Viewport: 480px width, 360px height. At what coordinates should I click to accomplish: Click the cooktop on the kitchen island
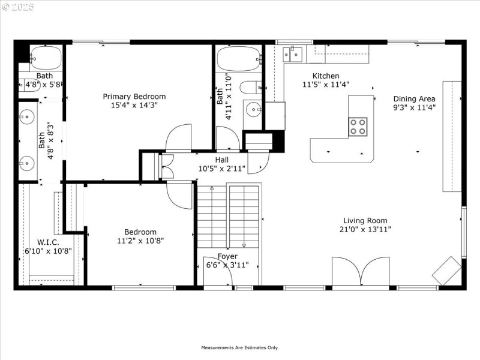(358, 125)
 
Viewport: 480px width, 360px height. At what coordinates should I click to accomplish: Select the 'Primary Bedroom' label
(134, 97)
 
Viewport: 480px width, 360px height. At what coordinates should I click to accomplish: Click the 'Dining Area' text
(414, 99)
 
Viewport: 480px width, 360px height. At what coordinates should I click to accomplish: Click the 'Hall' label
(222, 160)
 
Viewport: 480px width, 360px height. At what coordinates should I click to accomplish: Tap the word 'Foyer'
(227, 256)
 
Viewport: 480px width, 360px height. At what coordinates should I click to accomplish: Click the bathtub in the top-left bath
(46, 58)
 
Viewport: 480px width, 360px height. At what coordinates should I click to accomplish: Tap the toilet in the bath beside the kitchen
(250, 88)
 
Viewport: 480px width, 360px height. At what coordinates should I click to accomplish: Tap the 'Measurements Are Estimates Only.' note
(239, 348)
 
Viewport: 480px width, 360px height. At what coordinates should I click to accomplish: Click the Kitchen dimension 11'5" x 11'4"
(326, 85)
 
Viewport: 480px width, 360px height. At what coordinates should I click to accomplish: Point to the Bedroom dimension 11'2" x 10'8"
(140, 241)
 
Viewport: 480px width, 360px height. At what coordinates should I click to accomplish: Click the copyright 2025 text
(17, 7)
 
